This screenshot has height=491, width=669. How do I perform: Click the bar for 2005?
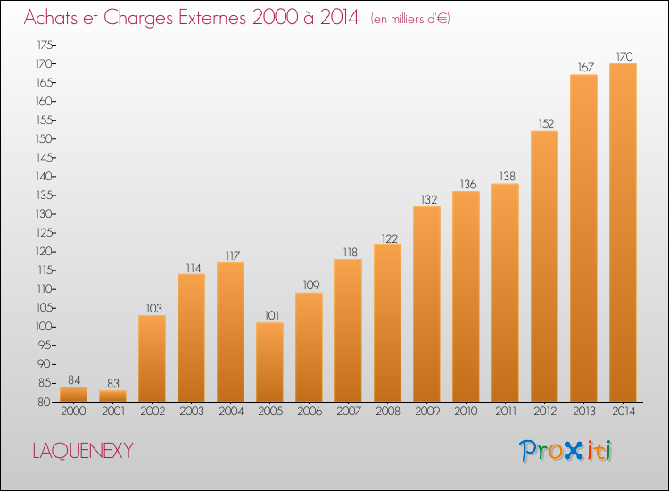click(269, 362)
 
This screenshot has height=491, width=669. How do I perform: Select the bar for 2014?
click(623, 233)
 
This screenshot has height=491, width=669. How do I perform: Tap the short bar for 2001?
click(112, 395)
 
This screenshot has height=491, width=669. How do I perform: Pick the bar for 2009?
click(426, 304)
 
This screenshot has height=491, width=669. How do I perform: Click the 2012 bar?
click(544, 266)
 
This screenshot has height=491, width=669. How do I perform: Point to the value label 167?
click(586, 68)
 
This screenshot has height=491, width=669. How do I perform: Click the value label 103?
click(154, 308)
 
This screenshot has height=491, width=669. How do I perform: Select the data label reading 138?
click(508, 177)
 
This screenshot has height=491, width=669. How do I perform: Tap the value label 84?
click(74, 380)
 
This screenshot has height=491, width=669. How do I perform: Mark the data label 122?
click(390, 238)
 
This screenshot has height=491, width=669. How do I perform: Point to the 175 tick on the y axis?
click(45, 45)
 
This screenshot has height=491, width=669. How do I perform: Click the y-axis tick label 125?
click(45, 233)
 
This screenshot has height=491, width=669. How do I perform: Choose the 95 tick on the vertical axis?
click(45, 345)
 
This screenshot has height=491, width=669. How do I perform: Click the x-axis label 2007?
click(349, 412)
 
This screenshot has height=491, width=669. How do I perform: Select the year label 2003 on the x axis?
click(192, 412)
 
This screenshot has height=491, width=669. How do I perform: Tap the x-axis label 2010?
click(466, 412)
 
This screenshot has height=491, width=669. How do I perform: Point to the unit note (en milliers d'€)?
click(410, 19)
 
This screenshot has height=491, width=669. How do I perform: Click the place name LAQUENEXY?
click(83, 451)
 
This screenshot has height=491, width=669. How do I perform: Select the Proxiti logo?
click(566, 451)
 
